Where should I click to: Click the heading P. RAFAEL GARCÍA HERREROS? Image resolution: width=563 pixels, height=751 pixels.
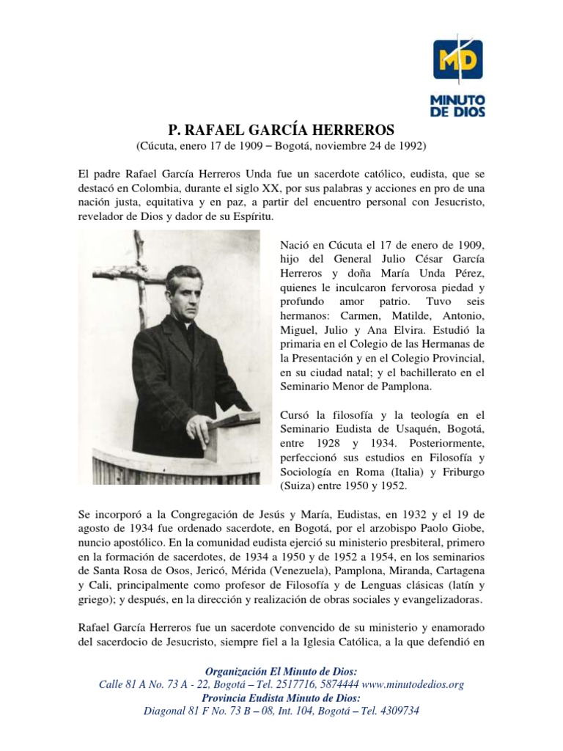(x=281, y=130)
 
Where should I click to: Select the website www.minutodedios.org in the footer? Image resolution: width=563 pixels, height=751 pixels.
(x=413, y=684)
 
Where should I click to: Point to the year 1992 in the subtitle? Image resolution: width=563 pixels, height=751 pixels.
(x=409, y=147)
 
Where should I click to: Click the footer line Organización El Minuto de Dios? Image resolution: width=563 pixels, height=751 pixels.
(x=281, y=671)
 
